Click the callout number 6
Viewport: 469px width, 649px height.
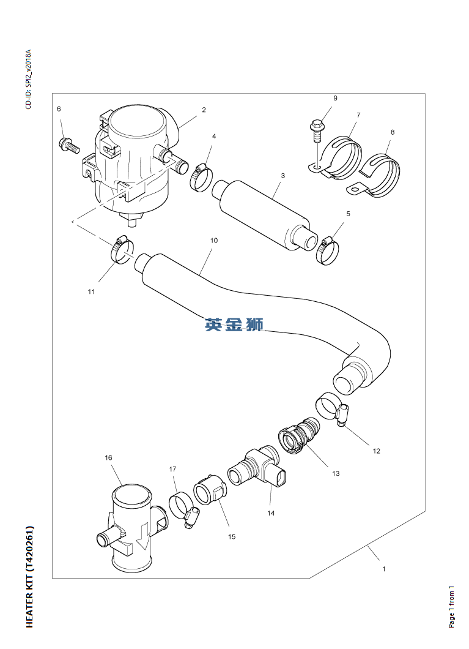tap(59, 109)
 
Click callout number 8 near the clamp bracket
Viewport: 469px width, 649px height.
tap(392, 132)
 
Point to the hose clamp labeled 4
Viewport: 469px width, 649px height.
tap(201, 177)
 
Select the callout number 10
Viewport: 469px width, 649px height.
tap(213, 241)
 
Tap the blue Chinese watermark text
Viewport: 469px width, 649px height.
tap(234, 325)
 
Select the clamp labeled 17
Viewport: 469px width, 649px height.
tap(184, 508)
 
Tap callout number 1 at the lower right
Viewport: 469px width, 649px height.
tap(383, 569)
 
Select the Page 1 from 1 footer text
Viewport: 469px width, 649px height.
tap(451, 607)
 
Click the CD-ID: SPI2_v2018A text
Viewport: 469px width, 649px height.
tap(28, 80)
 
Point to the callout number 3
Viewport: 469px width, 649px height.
tap(283, 176)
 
